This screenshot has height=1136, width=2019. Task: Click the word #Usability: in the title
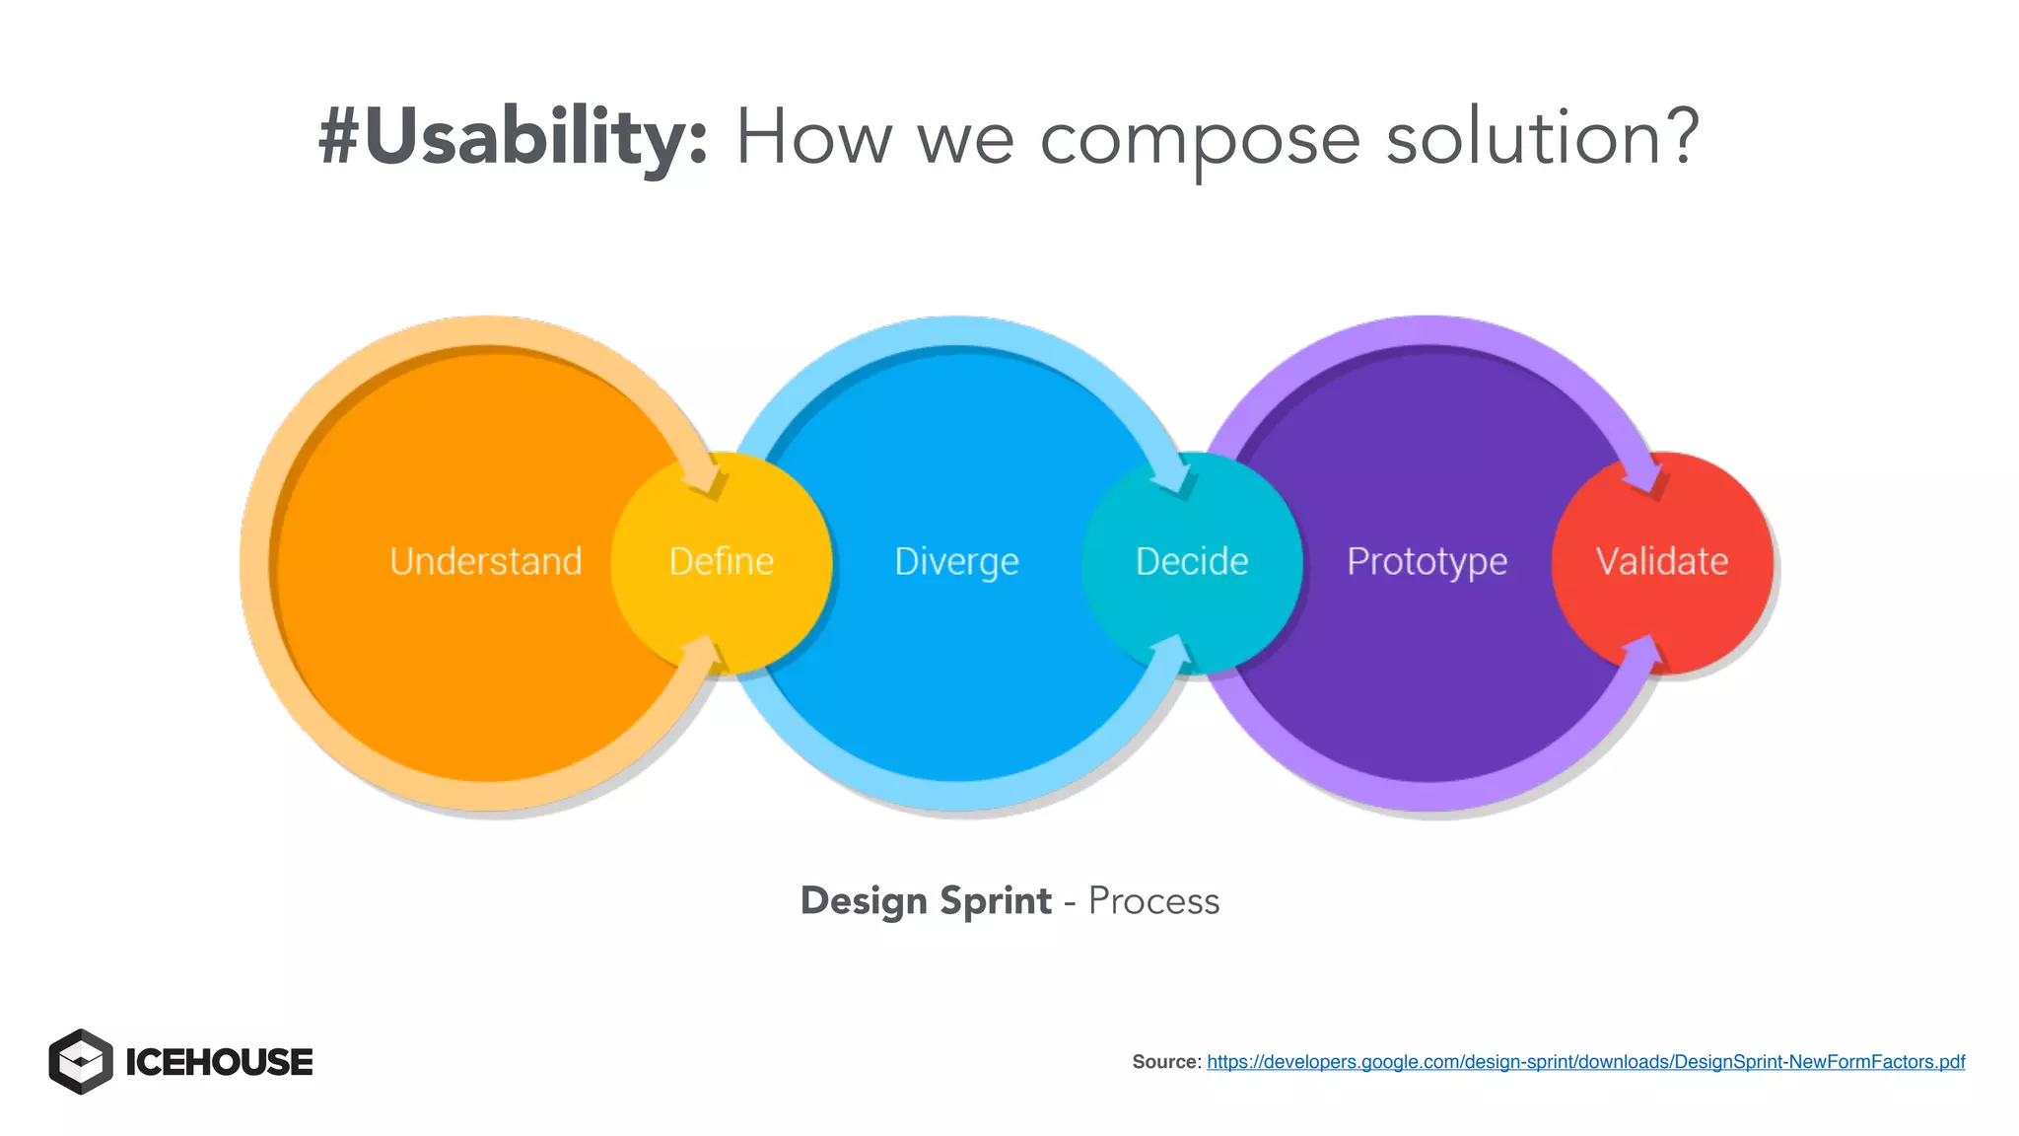point(513,138)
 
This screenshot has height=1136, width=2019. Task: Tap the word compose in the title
point(1200,140)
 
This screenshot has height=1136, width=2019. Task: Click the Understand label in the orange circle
point(486,561)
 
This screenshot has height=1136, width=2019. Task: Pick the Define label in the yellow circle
point(721,561)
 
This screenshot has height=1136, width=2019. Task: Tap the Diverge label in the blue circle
point(956,562)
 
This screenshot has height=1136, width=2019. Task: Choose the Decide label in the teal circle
point(1192,561)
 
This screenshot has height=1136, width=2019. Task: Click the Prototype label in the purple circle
point(1427,562)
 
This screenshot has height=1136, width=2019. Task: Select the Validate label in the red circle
point(1662,561)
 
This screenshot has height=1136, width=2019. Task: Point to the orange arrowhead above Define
point(708,478)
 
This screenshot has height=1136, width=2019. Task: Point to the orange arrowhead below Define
point(701,651)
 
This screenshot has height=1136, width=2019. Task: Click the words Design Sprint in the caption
point(926,901)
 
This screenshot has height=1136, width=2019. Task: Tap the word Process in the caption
point(1153,901)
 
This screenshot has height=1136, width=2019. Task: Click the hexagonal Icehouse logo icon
point(81,1062)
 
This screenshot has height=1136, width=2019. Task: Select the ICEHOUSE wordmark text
point(219,1063)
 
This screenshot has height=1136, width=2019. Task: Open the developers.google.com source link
point(1585,1062)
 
